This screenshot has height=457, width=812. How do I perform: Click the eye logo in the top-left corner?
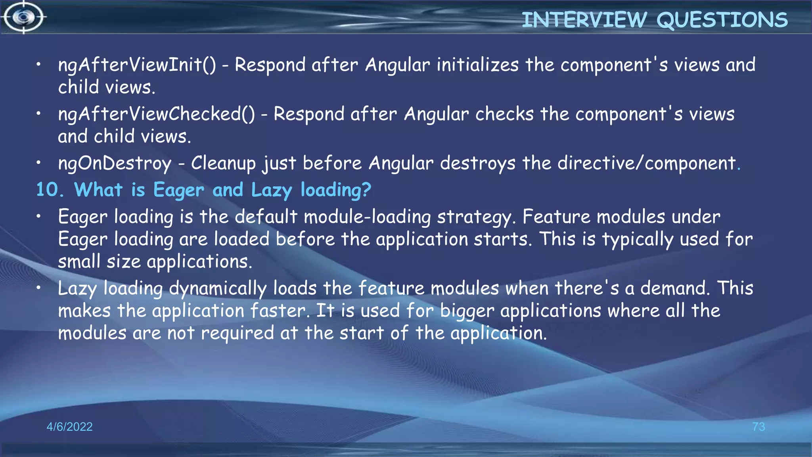[x=24, y=17]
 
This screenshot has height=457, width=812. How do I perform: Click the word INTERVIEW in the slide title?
[x=584, y=20]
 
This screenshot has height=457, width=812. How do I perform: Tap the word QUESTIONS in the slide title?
[x=722, y=20]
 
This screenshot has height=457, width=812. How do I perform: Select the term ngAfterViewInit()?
[x=137, y=65]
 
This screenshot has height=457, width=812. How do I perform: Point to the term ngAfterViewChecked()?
[x=157, y=114]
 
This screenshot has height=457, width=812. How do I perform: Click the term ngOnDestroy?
[x=115, y=163]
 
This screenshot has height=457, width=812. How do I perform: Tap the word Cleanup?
[x=223, y=163]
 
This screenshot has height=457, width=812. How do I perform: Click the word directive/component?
[x=647, y=163]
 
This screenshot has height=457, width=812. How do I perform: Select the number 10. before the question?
[x=50, y=190]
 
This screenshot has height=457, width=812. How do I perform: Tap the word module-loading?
[x=367, y=217]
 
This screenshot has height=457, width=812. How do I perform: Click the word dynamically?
[x=218, y=289]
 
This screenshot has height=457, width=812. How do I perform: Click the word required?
[x=237, y=333]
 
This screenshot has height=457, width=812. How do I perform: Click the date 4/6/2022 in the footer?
[x=69, y=427]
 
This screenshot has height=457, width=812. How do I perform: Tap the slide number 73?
[x=758, y=427]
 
